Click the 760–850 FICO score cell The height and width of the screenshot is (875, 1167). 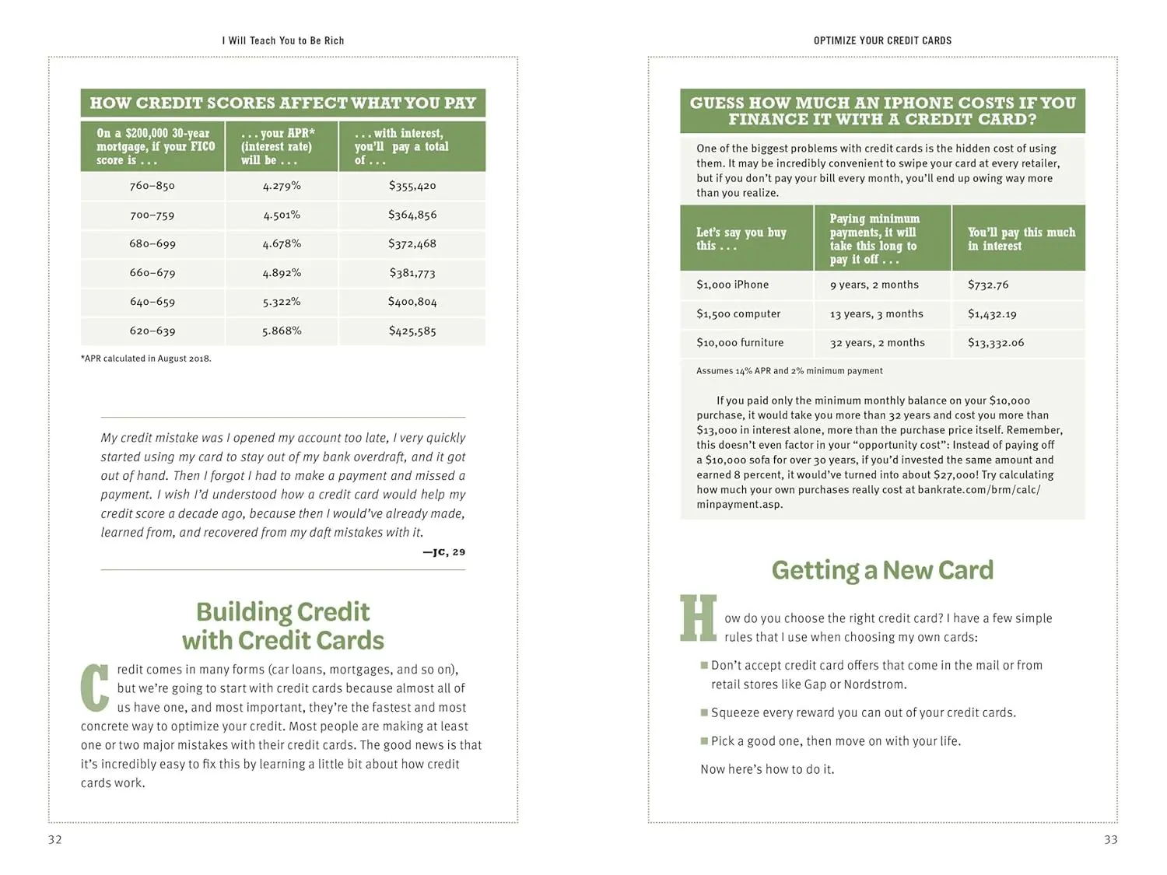coord(152,186)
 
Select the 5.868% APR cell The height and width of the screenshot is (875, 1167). coord(282,331)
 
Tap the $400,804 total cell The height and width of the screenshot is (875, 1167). coord(412,302)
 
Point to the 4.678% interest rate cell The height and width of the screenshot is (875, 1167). coord(282,243)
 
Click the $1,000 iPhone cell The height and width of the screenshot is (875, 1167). coord(732,285)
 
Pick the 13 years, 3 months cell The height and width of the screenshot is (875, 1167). coord(876,314)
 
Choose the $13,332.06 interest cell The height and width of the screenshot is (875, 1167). coord(996,343)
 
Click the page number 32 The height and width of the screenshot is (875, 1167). coord(55,839)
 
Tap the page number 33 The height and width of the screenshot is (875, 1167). coord(1111,839)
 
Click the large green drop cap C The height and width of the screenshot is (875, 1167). coord(95,687)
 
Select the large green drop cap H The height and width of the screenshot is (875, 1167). coord(698,619)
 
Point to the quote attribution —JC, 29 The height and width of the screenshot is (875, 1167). coord(443,552)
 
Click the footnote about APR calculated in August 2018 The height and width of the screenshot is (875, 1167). coord(146,359)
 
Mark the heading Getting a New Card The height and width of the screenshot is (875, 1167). coord(882,570)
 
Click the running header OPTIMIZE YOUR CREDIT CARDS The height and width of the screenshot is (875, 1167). coord(882,40)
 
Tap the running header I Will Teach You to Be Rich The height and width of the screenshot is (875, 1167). coord(283,40)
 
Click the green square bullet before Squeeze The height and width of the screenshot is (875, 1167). coord(704,712)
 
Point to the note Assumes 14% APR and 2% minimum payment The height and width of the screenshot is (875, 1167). coord(789,371)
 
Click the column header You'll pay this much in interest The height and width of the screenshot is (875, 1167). coord(1021,239)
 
